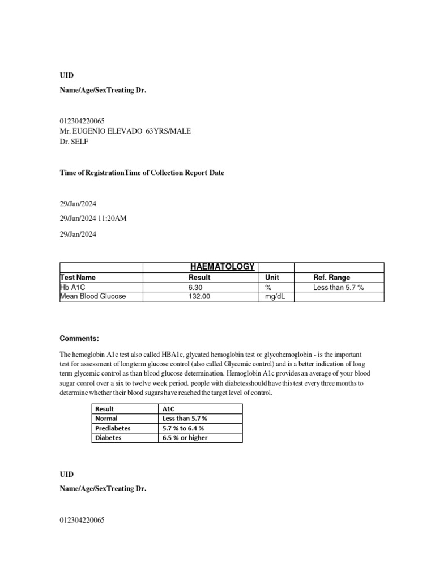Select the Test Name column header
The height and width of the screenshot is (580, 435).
[x=78, y=278]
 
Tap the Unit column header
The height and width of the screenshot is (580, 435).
[x=272, y=278]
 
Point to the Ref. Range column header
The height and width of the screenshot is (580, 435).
[x=331, y=278]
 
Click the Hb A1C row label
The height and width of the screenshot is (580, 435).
[x=71, y=287]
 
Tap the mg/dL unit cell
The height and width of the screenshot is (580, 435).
[x=274, y=296]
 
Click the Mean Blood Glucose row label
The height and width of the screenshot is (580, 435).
[x=93, y=296]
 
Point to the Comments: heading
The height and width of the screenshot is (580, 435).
[x=79, y=339]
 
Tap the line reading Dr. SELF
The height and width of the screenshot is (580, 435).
[x=74, y=142]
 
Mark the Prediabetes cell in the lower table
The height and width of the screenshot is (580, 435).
[x=113, y=428]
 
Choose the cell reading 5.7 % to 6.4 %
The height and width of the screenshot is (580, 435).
[x=183, y=428]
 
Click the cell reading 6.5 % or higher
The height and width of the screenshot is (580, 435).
[x=185, y=437]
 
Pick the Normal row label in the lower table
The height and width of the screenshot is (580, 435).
[x=106, y=418]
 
